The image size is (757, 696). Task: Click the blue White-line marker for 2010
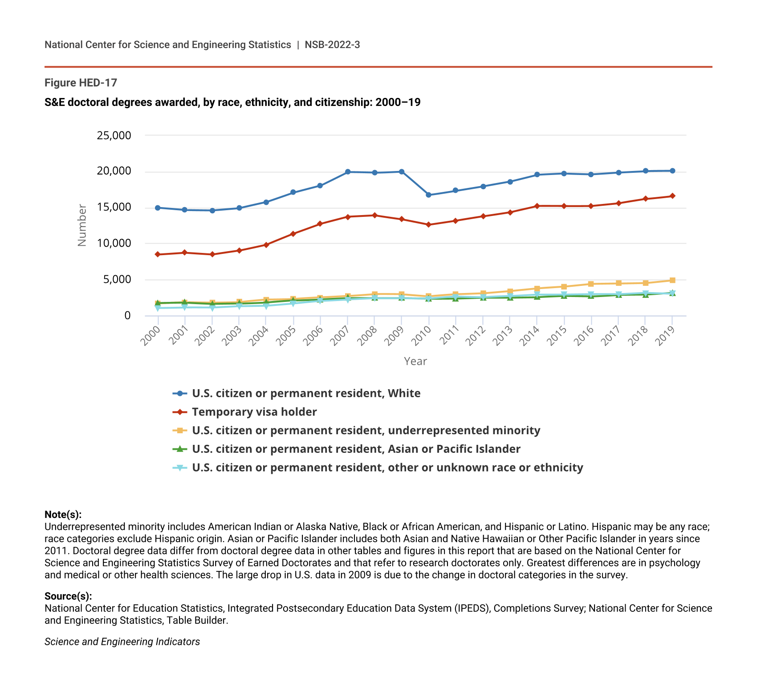428,195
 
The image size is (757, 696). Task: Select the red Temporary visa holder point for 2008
374,216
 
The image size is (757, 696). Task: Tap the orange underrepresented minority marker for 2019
672,281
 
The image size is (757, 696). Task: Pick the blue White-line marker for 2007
347,172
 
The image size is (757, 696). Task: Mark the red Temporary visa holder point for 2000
158,254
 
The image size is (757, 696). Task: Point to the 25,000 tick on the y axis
114,135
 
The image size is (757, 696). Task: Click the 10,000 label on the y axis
114,243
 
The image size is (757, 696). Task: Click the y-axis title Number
82,225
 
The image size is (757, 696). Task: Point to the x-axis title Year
415,362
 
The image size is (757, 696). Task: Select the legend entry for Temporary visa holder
254,412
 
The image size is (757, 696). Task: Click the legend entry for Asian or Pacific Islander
356,449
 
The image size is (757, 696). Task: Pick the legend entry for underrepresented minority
366,431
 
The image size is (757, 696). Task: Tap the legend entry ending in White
306,394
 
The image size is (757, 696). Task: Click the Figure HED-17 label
81,83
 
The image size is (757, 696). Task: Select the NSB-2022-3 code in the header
332,45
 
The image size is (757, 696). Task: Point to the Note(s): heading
63,515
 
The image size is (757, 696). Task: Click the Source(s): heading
68,596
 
